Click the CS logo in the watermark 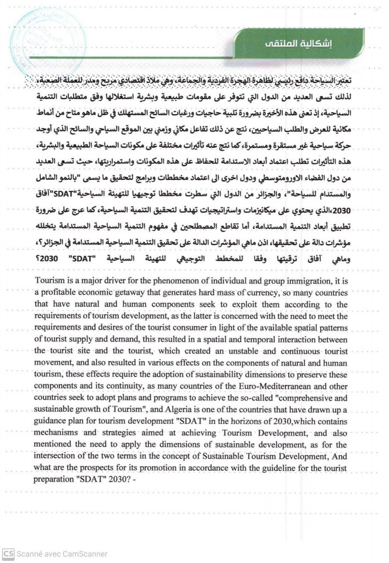coord(8,554)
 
